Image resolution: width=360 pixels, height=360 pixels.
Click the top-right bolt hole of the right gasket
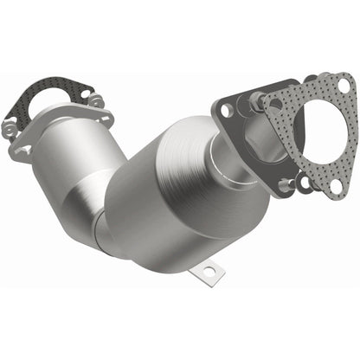(344, 86)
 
